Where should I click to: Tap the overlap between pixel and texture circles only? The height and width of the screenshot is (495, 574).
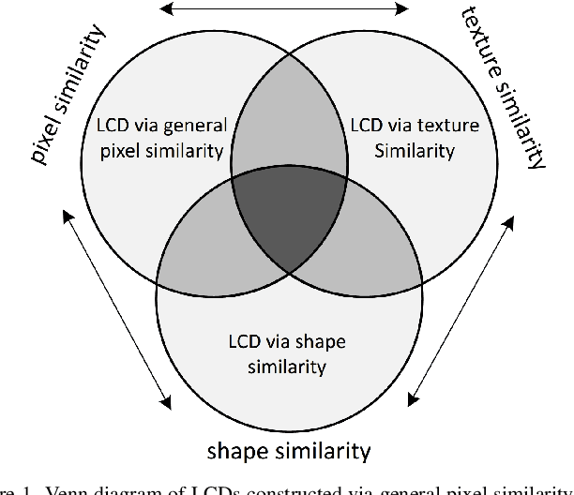tap(289, 136)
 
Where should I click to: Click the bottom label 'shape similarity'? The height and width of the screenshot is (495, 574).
tap(289, 450)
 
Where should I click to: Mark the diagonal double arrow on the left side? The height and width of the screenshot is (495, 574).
tap(116, 310)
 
